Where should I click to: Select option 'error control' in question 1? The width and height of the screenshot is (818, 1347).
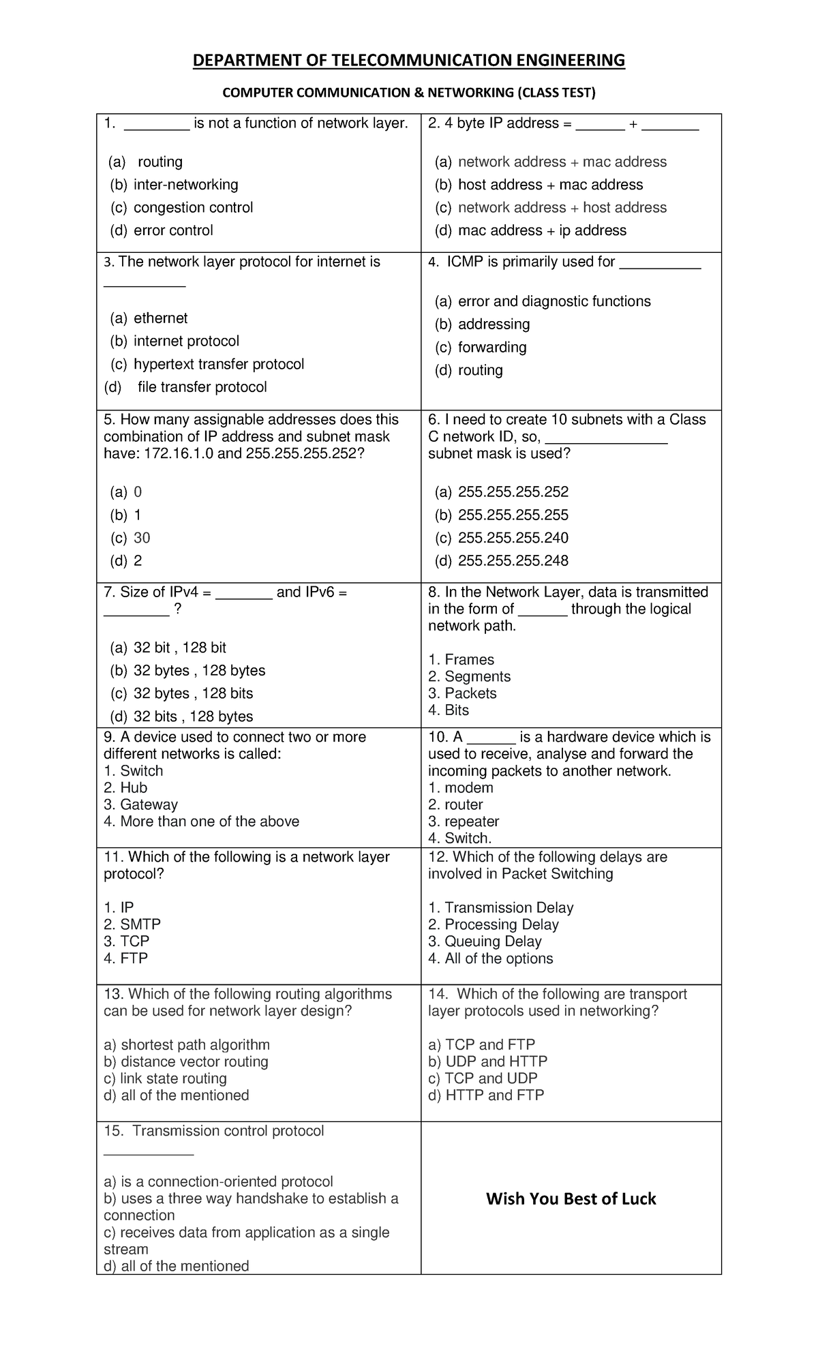pos(173,230)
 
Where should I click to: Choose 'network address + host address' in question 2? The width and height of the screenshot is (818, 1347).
pos(562,207)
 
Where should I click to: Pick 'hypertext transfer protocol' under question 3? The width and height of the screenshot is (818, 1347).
pos(218,364)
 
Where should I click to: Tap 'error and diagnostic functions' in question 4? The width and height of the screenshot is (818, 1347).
pos(554,301)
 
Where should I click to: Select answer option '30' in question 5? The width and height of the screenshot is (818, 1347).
pos(142,538)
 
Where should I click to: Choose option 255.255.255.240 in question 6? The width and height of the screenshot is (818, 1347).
pos(513,538)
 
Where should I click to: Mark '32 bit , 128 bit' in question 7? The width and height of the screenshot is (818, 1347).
pos(179,648)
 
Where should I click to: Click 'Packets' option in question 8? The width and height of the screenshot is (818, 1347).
pos(470,693)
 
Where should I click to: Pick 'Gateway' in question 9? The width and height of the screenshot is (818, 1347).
pos(148,804)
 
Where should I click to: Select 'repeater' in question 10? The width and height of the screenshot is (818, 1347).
pos(471,821)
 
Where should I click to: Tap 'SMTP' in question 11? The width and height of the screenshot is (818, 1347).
pos(140,924)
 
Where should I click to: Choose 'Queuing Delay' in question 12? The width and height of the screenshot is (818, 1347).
pos(492,941)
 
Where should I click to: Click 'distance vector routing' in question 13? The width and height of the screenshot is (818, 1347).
pos(194,1061)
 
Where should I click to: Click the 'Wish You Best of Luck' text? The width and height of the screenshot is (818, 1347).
pos(571,1199)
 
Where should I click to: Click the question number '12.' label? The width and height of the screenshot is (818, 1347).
pos(438,857)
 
